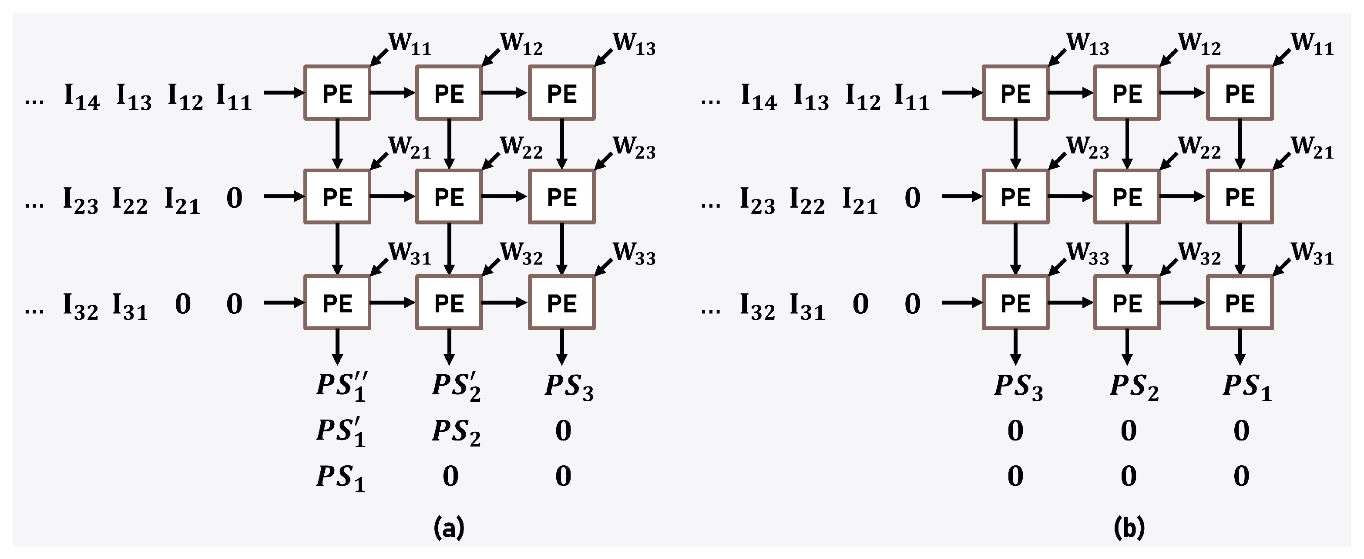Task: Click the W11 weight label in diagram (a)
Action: [x=409, y=44]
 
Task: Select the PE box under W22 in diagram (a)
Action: [x=449, y=197]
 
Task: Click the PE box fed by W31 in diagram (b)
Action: [x=1240, y=302]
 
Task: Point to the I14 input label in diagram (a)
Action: [x=81, y=97]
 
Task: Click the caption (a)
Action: [x=448, y=528]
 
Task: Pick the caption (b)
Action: [x=1129, y=528]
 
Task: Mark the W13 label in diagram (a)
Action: [x=634, y=44]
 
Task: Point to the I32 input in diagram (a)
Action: [x=81, y=306]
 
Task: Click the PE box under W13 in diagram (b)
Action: [x=1015, y=93]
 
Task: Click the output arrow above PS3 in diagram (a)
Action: [x=562, y=347]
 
